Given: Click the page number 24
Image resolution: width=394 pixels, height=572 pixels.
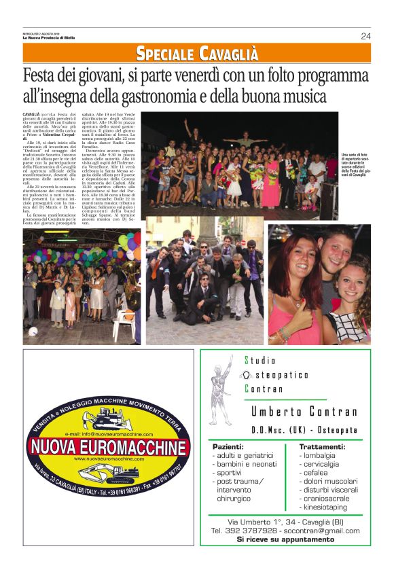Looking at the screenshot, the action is click(365, 36).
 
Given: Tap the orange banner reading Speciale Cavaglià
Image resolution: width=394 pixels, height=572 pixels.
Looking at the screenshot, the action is click(197, 53).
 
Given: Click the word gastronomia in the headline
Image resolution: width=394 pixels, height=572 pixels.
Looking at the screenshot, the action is click(175, 96).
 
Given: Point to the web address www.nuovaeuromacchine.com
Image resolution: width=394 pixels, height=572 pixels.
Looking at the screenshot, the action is click(109, 459).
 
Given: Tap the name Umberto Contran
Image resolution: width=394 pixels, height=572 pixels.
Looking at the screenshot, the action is click(304, 412).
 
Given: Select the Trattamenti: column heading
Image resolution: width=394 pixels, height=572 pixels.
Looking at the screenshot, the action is click(322, 446).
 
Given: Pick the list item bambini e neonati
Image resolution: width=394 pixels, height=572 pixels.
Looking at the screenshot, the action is click(247, 464).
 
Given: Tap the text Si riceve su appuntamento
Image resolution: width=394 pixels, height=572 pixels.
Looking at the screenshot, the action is click(285, 539).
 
